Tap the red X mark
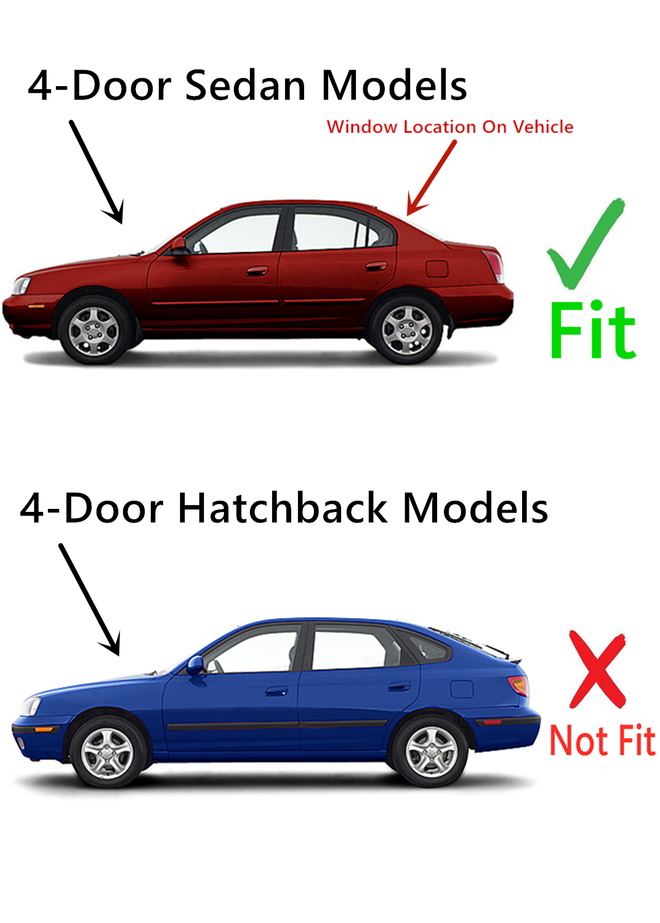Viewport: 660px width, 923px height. (x=597, y=669)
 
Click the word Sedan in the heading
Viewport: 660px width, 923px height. (x=245, y=86)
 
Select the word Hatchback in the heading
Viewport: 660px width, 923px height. (x=282, y=508)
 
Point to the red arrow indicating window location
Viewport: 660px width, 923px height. (x=432, y=178)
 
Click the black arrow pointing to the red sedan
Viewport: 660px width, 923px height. (x=96, y=172)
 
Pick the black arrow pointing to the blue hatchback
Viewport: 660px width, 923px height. (x=89, y=599)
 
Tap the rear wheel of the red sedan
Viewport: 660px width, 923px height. (x=406, y=330)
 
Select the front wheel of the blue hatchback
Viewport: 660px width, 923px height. (x=107, y=753)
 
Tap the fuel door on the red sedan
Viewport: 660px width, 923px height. (x=437, y=269)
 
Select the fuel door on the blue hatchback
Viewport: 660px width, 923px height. (x=462, y=689)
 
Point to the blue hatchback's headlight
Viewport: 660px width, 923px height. (x=31, y=706)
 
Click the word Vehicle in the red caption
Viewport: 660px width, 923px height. (x=543, y=127)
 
